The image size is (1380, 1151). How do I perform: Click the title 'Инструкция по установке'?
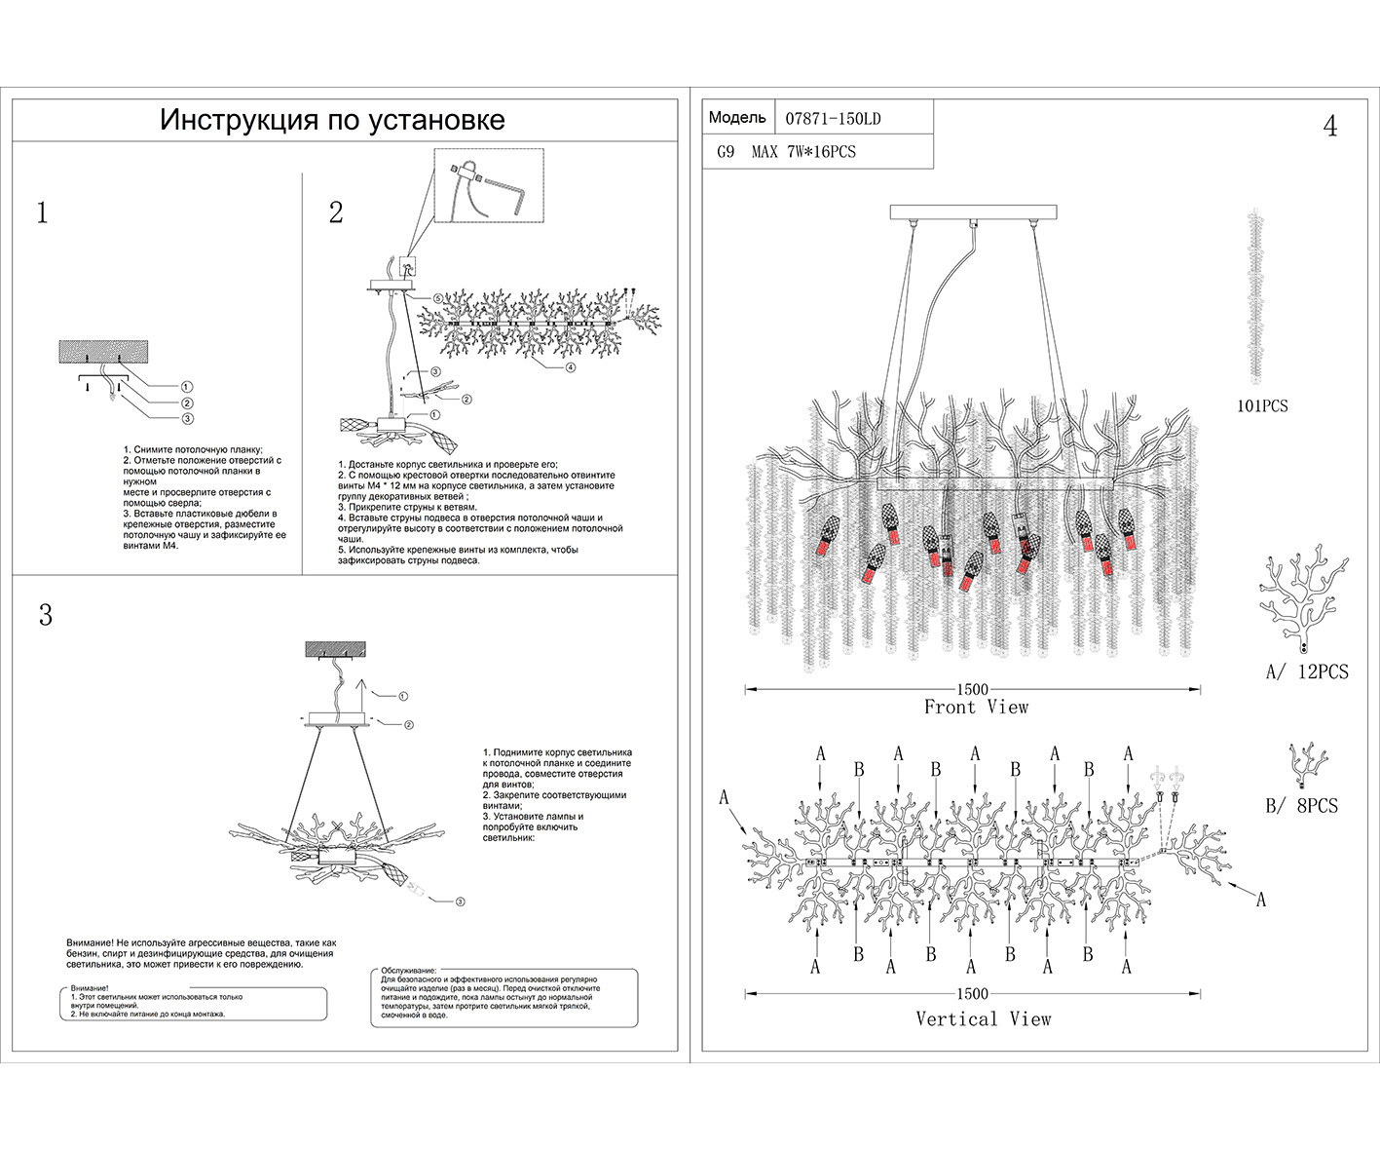[332, 120]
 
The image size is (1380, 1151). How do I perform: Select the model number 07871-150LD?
[833, 119]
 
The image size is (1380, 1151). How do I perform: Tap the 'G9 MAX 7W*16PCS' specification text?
[786, 152]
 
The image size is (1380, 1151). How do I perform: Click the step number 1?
[42, 213]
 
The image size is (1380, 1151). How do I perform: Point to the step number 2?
[336, 212]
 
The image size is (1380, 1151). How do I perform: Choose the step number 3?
[45, 616]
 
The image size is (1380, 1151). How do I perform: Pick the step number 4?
[1329, 127]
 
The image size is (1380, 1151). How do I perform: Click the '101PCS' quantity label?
[1262, 405]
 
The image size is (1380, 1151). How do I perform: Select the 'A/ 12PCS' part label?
[1307, 671]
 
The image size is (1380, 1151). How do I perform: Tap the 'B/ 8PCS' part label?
[1301, 806]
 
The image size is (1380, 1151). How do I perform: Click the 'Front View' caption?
[976, 708]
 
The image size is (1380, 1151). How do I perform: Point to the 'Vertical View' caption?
[984, 1018]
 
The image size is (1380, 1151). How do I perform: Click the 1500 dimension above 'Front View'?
[972, 689]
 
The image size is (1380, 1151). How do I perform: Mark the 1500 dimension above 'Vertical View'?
[972, 994]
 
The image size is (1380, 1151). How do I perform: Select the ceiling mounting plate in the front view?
[974, 211]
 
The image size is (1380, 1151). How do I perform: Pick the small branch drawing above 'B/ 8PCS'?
[1307, 763]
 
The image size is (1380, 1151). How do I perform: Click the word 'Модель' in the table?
[737, 118]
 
